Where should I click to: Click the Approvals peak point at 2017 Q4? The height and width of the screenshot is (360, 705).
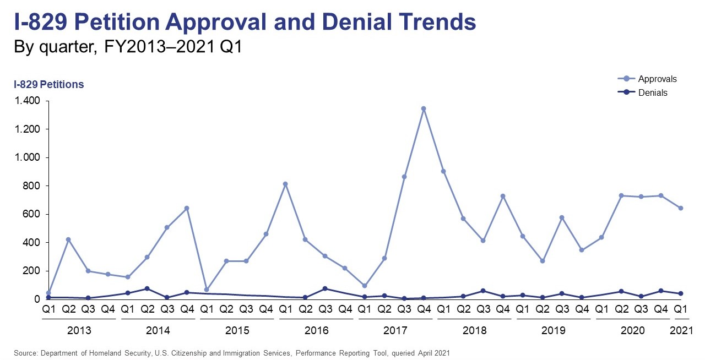424,109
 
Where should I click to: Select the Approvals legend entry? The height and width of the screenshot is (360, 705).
657,79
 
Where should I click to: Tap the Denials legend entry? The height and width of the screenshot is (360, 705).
653,92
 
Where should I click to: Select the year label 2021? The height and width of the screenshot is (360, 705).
680,331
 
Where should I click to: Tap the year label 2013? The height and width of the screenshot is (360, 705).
79,331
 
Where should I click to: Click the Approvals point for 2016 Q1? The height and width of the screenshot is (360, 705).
285,184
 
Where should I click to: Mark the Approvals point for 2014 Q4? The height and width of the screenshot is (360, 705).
187,208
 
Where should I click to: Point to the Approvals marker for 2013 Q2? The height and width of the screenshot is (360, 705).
68,239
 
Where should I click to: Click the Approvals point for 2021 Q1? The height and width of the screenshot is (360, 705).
680,208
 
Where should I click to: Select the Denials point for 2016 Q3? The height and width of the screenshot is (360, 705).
325,288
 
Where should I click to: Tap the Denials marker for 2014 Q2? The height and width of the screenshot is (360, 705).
147,288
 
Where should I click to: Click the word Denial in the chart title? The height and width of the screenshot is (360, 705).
379,23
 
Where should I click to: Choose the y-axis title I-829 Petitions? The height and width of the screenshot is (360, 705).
48,84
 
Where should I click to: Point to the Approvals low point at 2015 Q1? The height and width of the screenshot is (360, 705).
207,290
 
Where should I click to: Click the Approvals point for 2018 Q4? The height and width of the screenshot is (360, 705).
502,196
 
